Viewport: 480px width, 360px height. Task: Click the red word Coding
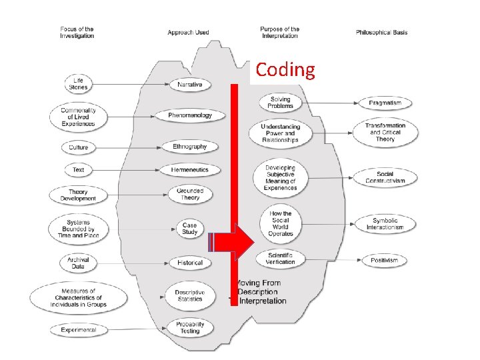pos(285,70)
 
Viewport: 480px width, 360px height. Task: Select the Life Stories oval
pos(78,84)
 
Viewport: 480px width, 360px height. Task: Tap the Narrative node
pos(190,85)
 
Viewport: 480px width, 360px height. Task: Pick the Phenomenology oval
pos(190,115)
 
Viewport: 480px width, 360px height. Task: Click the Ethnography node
pos(190,147)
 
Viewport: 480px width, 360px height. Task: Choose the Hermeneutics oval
pos(190,170)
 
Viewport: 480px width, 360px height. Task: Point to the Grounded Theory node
pos(190,194)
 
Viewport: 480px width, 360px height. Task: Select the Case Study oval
pos(190,229)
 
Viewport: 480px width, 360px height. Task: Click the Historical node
pos(190,263)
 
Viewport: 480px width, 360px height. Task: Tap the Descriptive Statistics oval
pos(190,295)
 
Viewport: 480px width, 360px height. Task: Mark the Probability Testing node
pos(190,327)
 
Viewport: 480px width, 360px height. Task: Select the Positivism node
pos(385,260)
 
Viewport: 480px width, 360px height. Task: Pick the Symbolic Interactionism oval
pos(385,224)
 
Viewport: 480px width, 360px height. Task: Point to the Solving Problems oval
pos(280,103)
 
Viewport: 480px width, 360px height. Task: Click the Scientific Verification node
pos(280,258)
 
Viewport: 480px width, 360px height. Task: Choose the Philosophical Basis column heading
pos(382,32)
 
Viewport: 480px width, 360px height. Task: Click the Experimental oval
pos(79,329)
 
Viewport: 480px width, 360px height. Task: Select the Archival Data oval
pos(78,263)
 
